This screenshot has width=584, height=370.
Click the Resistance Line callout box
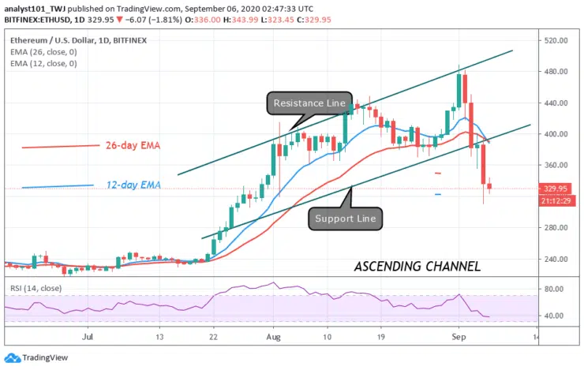pyautogui.click(x=309, y=103)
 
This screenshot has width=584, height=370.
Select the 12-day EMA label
pyautogui.click(x=133, y=185)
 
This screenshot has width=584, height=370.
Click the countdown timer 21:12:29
pyautogui.click(x=558, y=200)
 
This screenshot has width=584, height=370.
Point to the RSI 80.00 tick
pyautogui.click(x=555, y=290)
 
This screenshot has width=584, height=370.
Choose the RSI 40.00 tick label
pyautogui.click(x=555, y=316)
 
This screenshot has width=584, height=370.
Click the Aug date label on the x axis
pyautogui.click(x=273, y=336)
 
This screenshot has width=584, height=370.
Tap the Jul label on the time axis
pyautogui.click(x=88, y=336)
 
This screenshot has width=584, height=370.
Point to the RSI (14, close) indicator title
pyautogui.click(x=33, y=281)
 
